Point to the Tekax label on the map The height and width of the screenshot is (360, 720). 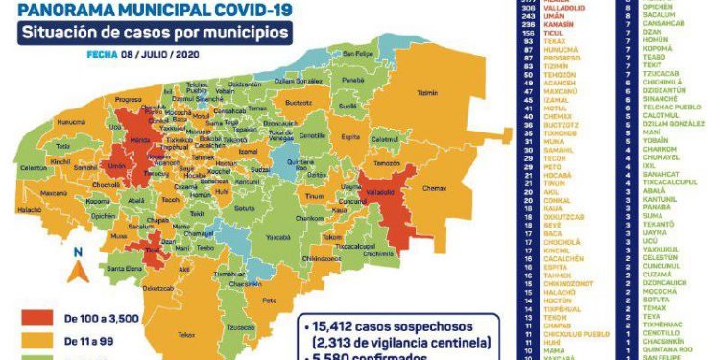[186, 334]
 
